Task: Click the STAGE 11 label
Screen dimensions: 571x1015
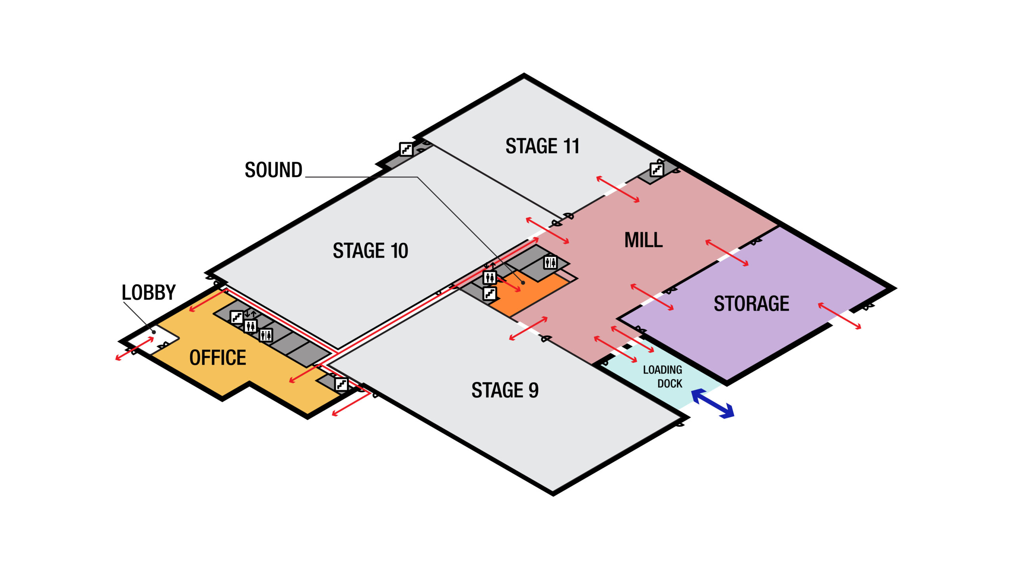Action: [x=542, y=146]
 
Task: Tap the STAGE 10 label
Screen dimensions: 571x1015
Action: [x=370, y=251]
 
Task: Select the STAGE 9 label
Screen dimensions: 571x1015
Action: [x=505, y=390]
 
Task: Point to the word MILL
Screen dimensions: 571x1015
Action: [x=643, y=240]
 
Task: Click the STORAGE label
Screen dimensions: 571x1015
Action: [x=751, y=304]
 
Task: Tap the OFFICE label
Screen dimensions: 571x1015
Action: [x=218, y=358]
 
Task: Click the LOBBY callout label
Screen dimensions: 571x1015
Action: [x=148, y=293]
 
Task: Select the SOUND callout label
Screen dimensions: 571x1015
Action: [x=274, y=170]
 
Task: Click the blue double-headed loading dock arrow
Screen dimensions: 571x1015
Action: [x=712, y=404]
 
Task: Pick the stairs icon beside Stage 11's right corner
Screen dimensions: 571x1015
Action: [x=657, y=170]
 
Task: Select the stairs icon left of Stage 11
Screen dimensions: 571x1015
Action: [x=406, y=149]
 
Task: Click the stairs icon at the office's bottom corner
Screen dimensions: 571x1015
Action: [x=341, y=384]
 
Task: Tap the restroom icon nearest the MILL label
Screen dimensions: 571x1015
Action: [x=550, y=262]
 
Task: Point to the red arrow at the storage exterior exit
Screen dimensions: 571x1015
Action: [x=839, y=316]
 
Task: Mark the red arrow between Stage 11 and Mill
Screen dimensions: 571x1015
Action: [x=618, y=190]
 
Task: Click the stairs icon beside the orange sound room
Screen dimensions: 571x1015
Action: [x=490, y=294]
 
